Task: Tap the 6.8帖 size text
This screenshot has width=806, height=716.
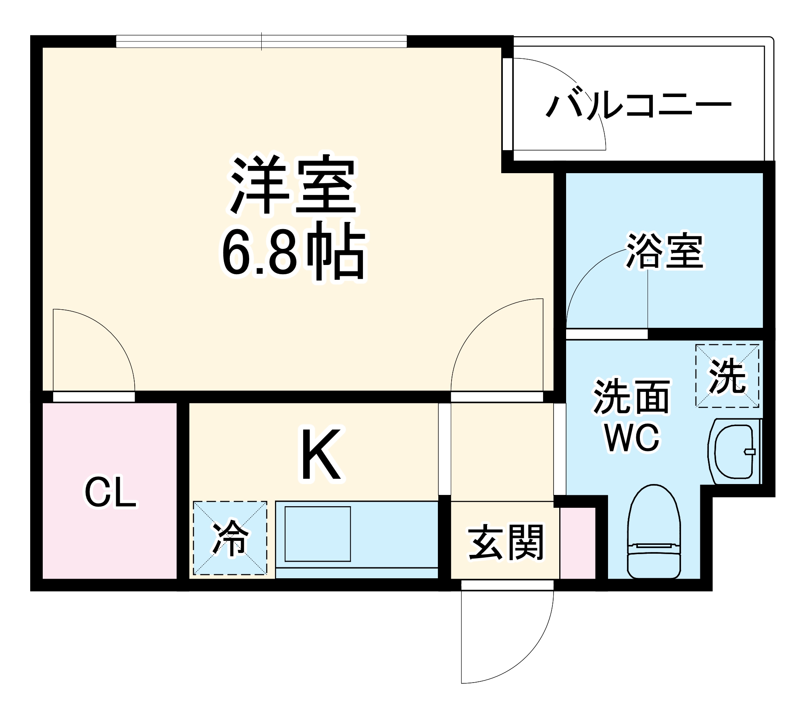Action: [293, 252]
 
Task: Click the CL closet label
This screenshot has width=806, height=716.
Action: [110, 492]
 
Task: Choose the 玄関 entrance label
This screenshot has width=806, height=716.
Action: [506, 542]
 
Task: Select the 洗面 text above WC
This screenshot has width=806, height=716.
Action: [631, 397]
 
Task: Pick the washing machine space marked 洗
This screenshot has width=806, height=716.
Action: [727, 376]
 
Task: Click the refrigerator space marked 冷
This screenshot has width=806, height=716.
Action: [230, 538]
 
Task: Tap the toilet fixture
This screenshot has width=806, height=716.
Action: [654, 532]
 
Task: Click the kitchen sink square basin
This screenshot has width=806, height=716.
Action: [318, 534]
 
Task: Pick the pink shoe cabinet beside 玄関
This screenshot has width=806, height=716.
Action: [578, 543]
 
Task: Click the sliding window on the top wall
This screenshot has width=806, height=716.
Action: [261, 41]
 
